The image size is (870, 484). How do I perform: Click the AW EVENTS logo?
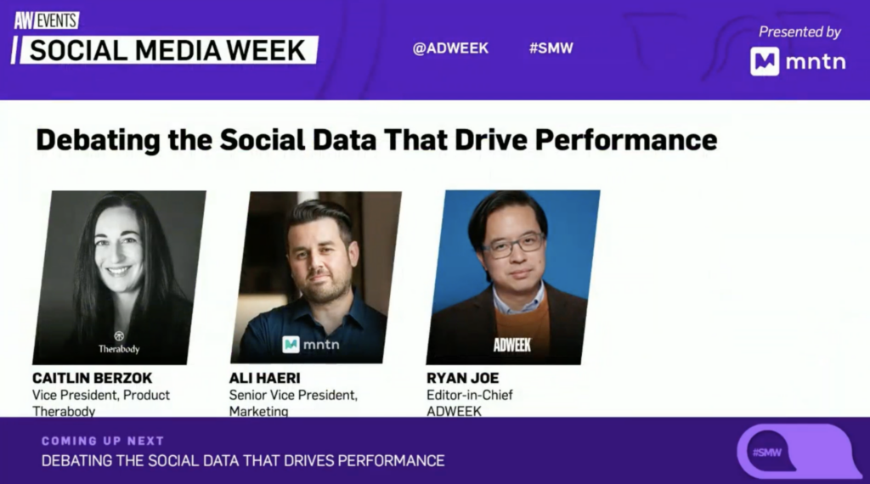(x=47, y=20)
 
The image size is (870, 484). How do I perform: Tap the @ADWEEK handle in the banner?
(x=450, y=48)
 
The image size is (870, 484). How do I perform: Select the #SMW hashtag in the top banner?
(x=551, y=48)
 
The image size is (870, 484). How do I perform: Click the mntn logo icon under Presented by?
(x=765, y=61)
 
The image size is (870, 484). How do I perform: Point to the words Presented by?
(x=799, y=32)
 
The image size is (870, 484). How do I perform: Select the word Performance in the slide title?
(x=626, y=139)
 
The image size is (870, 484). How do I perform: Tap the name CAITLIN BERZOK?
(x=92, y=378)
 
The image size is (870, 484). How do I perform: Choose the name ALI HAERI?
(x=265, y=378)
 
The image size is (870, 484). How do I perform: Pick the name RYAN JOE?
(x=463, y=378)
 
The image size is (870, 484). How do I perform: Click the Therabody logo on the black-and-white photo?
(x=119, y=343)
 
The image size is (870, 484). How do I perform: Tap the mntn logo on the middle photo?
(x=311, y=344)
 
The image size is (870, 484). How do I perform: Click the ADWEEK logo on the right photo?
(x=512, y=345)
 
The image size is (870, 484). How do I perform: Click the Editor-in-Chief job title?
(x=469, y=396)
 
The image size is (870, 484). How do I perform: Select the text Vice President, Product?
(x=101, y=396)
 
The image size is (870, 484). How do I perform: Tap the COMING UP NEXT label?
(x=103, y=441)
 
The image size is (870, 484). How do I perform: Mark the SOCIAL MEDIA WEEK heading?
(x=167, y=50)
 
